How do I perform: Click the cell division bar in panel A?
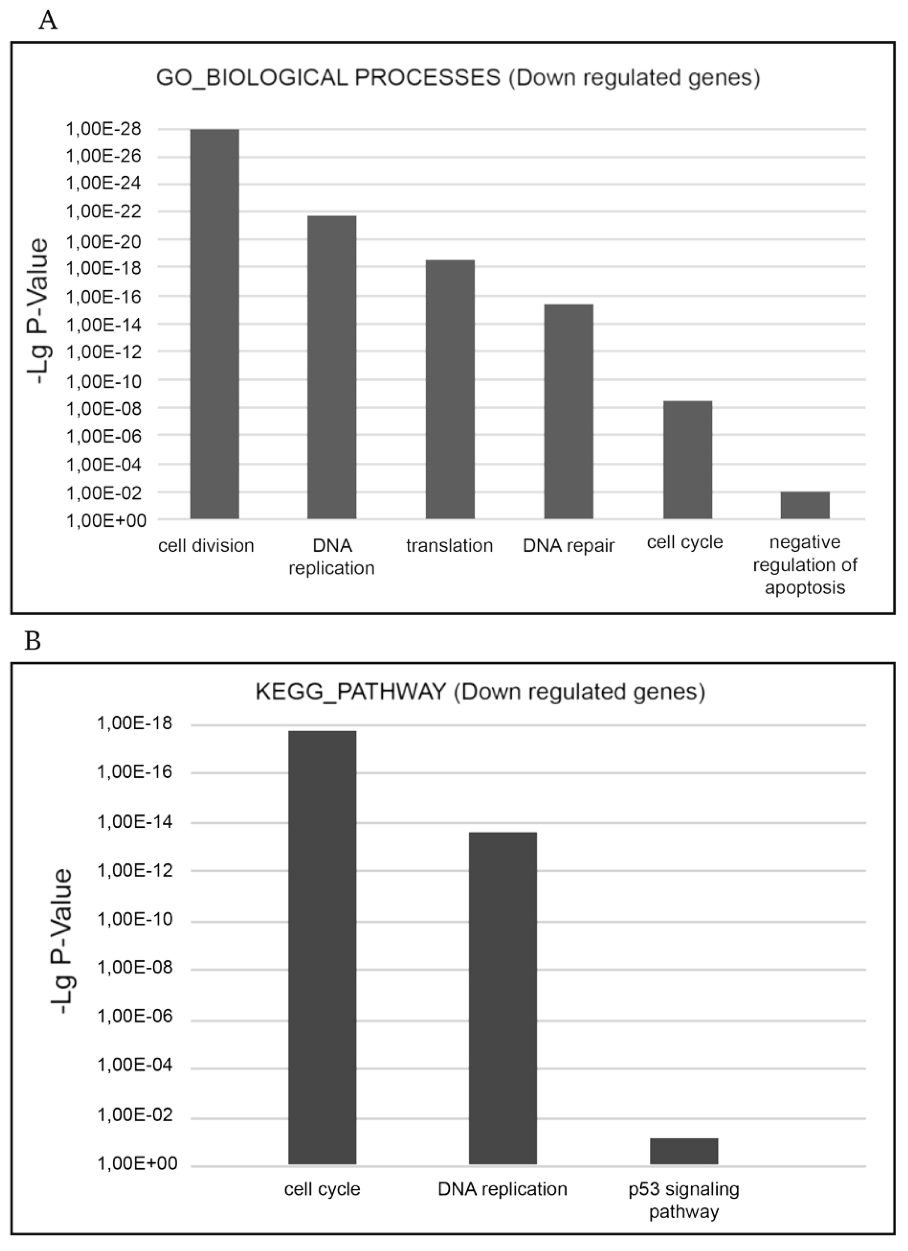(215, 324)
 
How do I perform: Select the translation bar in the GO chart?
(450, 389)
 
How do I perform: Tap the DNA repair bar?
(568, 411)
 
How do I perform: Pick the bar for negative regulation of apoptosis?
(804, 505)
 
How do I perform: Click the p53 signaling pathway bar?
(684, 1151)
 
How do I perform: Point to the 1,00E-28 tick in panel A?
(104, 129)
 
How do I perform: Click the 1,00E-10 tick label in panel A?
(104, 380)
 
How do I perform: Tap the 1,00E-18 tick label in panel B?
(134, 724)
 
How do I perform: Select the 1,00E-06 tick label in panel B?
(134, 1016)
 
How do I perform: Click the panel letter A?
(48, 21)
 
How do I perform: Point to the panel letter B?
(33, 641)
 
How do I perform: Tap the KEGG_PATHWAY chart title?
(480, 691)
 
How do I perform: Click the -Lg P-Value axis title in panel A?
(39, 312)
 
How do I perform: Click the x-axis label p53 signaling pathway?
(684, 1201)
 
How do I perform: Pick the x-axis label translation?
(449, 545)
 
